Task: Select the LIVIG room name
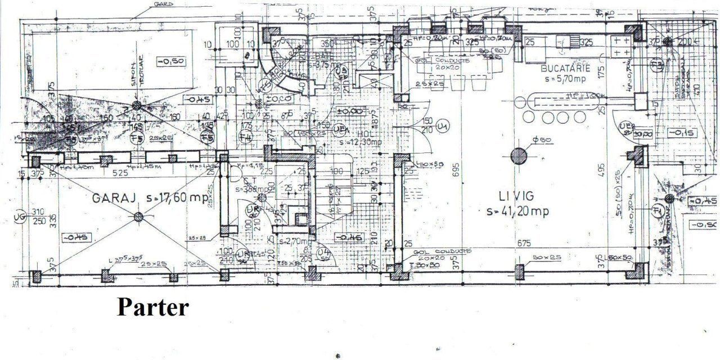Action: coord(516,196)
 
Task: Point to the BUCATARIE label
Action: coord(565,68)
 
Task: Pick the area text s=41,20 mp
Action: coord(517,211)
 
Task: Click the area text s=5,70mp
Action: coord(565,79)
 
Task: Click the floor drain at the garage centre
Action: coord(138,216)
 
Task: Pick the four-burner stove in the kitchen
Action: coord(621,46)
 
